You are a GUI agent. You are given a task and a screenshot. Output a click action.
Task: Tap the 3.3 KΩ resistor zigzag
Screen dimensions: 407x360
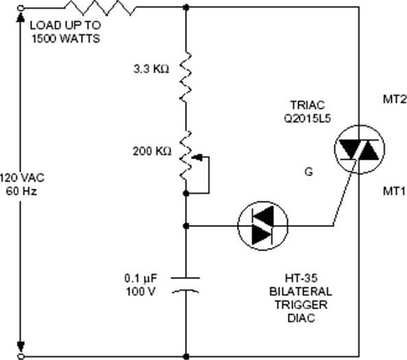coord(186,77)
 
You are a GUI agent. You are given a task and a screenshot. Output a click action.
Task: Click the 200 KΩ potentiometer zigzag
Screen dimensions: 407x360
coord(186,156)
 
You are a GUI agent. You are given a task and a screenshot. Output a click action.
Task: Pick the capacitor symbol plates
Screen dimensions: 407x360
coord(186,285)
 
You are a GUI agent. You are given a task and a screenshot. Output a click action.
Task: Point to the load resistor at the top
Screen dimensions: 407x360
coord(100,8)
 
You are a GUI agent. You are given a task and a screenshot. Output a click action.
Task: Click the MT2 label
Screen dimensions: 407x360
coord(395,99)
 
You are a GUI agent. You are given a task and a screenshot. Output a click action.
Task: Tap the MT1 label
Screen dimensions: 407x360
coord(394,191)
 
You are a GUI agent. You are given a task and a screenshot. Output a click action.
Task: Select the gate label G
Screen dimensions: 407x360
coord(308,172)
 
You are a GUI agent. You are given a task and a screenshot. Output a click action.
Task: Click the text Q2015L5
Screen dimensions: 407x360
coord(308,119)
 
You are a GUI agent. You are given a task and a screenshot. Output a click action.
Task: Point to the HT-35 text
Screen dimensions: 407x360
coord(301,278)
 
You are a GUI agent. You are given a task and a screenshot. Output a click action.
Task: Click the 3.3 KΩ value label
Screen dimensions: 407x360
coord(151,69)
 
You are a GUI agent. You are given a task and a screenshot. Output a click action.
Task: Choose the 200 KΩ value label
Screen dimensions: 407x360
coord(152,151)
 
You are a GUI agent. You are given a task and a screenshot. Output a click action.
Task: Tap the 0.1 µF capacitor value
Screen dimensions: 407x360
coord(141,278)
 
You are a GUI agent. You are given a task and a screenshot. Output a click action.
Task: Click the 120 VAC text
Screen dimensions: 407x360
coord(22,178)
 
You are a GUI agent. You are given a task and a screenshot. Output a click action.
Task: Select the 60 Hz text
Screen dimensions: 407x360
coord(21,191)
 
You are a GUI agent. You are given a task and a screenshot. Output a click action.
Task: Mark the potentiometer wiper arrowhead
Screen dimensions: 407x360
coord(197,157)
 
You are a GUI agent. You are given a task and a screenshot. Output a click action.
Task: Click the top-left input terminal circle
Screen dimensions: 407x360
coord(21,8)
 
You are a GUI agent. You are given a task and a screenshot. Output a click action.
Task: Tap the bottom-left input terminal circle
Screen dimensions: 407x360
coord(21,356)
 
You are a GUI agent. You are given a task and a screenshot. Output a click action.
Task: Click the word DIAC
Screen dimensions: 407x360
coord(301,318)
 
